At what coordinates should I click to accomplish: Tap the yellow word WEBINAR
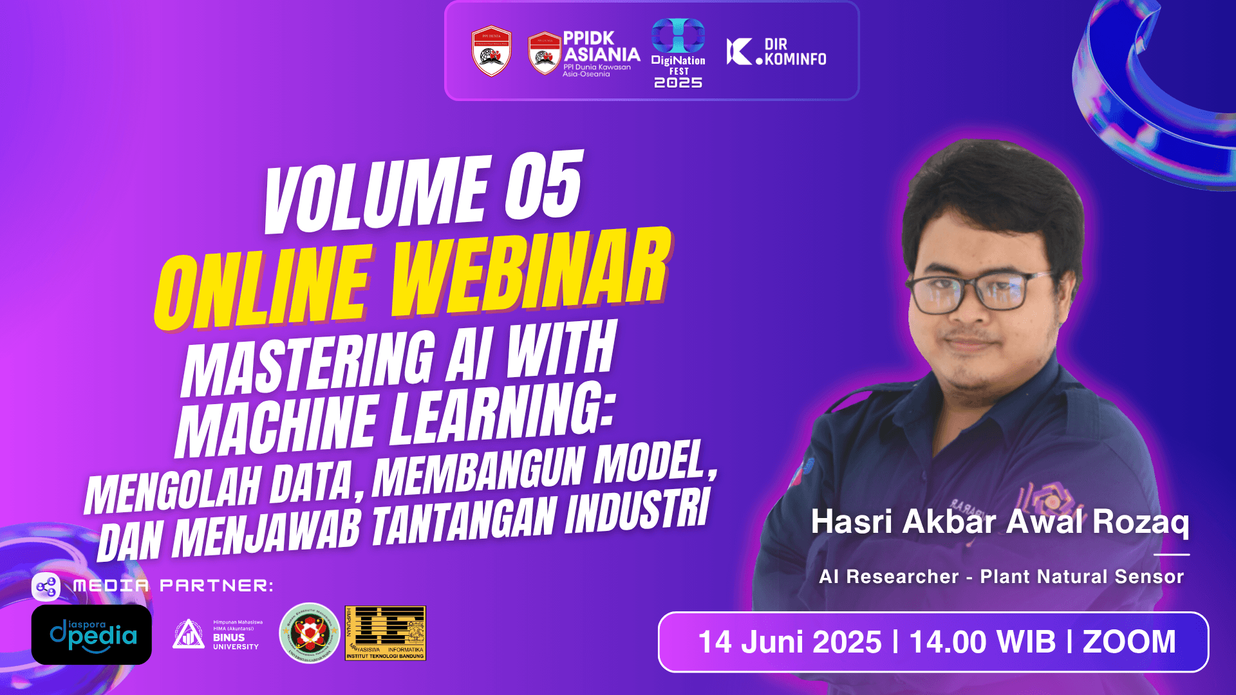(531, 273)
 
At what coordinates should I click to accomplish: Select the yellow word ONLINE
(264, 290)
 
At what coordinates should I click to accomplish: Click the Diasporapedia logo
(91, 635)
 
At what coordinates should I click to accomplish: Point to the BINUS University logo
(218, 635)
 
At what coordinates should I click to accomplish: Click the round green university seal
(310, 633)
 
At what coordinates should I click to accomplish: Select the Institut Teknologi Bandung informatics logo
(386, 633)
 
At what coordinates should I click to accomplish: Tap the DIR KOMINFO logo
(777, 52)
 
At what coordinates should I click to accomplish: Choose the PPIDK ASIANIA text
(601, 46)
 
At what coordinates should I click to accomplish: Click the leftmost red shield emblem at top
(491, 51)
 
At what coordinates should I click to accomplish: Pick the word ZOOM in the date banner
(1129, 642)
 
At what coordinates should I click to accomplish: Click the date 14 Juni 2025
(790, 642)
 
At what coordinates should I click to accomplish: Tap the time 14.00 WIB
(982, 642)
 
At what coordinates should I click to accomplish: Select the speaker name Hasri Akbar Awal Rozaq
(999, 522)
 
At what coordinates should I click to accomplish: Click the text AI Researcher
(888, 577)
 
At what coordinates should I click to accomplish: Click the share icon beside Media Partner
(46, 587)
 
